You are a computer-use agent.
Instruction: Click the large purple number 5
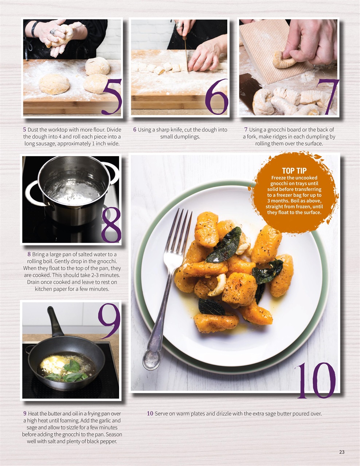tap(111, 97)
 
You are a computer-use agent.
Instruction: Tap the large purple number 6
tap(216, 97)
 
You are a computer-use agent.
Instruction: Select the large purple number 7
tap(328, 97)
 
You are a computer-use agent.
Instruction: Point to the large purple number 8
tap(111, 225)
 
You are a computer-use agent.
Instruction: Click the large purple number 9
tap(109, 320)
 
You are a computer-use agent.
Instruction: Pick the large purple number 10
tap(315, 380)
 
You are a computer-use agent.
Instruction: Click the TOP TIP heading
tap(294, 171)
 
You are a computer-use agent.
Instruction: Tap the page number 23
tap(341, 452)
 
